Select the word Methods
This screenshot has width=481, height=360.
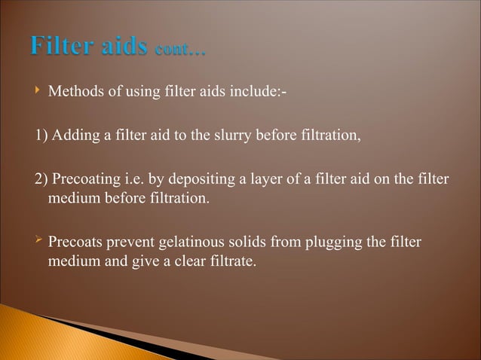click(73, 92)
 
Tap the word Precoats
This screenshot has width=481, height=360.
click(74, 244)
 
